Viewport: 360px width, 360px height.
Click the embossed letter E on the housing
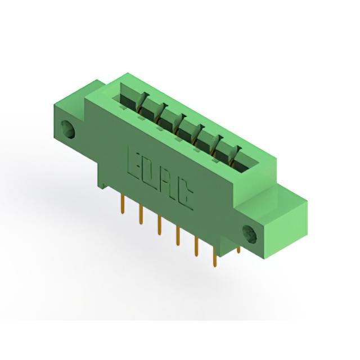tap(134, 164)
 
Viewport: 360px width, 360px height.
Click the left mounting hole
tap(68, 129)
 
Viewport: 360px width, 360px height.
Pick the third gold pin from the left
tap(159, 226)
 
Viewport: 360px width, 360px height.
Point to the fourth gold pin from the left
tap(178, 236)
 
